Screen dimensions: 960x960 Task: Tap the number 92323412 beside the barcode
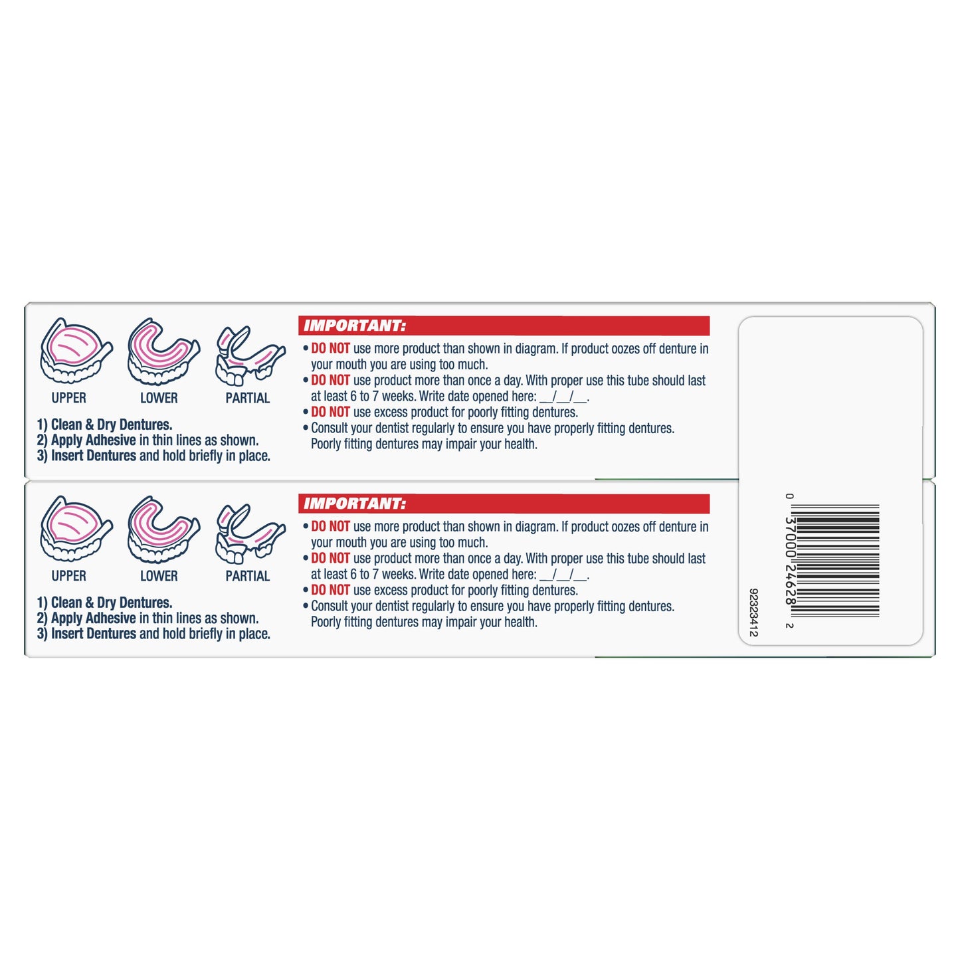click(x=753, y=612)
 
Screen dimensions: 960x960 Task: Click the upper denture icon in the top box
click(x=76, y=351)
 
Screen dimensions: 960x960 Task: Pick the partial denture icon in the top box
click(x=249, y=355)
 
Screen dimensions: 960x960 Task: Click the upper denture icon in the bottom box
click(x=76, y=529)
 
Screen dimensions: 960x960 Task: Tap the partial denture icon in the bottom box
click(x=249, y=533)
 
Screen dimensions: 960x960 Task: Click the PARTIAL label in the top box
click(x=247, y=398)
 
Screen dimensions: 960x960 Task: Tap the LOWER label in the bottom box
click(x=159, y=576)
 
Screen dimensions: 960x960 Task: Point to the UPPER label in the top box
click(x=69, y=398)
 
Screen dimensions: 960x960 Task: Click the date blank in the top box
click(x=563, y=397)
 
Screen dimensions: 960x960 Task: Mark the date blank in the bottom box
click(x=563, y=575)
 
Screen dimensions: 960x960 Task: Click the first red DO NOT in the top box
click(x=330, y=349)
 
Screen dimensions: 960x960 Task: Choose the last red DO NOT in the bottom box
click(x=330, y=591)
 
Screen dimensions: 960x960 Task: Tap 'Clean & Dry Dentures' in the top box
click(x=111, y=425)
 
